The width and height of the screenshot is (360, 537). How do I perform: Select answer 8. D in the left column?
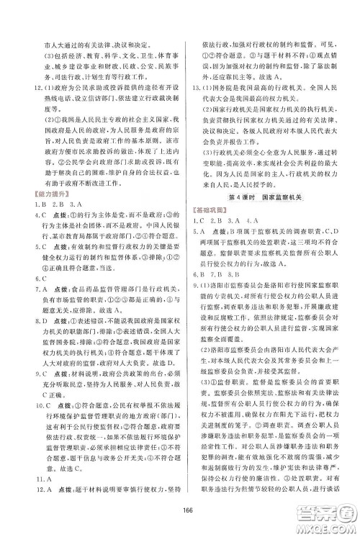27,358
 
